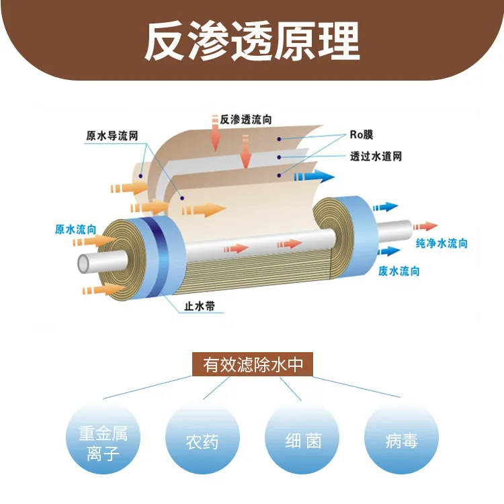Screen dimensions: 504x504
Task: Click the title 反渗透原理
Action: pos(252,42)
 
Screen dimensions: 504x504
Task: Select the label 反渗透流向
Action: pos(246,120)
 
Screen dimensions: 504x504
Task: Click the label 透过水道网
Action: pos(376,157)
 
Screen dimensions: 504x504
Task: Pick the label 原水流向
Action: pos(75,230)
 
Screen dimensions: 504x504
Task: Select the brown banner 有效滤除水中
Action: pos(252,365)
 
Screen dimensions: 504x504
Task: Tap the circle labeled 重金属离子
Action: pos(103,442)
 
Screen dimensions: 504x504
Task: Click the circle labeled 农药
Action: pos(202,442)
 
